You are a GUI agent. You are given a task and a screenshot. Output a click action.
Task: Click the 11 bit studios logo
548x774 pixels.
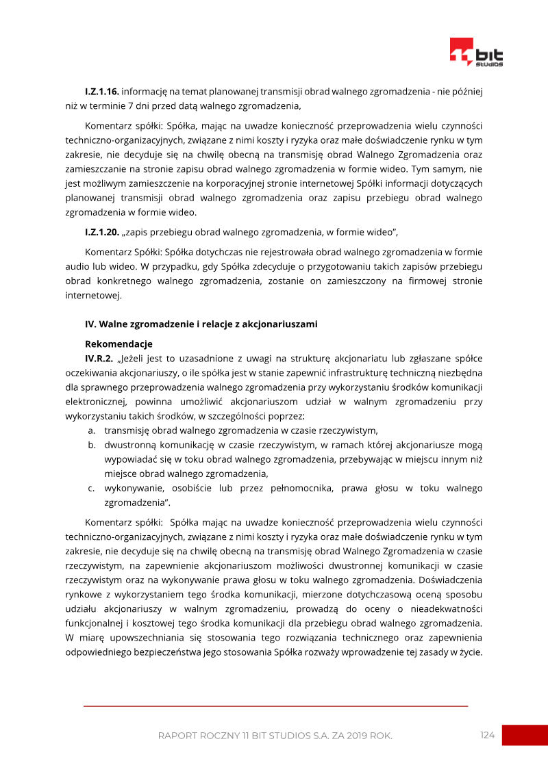[476, 53]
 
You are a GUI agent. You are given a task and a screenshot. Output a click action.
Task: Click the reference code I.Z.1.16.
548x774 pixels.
[102, 91]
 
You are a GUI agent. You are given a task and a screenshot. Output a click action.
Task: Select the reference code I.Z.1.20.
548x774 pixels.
[102, 232]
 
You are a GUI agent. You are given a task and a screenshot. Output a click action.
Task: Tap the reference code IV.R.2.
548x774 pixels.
[99, 359]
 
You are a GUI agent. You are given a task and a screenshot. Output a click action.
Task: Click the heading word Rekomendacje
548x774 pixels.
[119, 344]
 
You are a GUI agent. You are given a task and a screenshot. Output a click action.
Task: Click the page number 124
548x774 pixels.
[487, 735]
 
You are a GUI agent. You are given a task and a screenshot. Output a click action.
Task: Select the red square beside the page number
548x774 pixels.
[525, 735]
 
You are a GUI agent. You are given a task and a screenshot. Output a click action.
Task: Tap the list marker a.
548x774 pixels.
[90, 430]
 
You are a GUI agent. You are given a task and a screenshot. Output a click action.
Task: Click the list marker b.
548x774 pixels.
[90, 445]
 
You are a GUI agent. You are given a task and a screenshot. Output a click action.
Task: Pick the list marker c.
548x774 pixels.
[90, 488]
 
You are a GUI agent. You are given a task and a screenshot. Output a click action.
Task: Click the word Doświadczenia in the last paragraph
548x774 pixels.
[452, 580]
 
